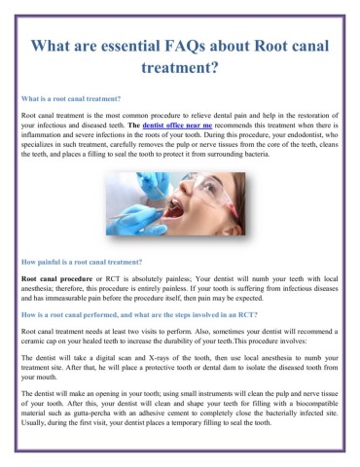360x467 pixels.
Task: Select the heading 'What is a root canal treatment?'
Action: (x=70, y=99)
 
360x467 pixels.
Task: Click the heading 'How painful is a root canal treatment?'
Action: (x=81, y=262)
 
